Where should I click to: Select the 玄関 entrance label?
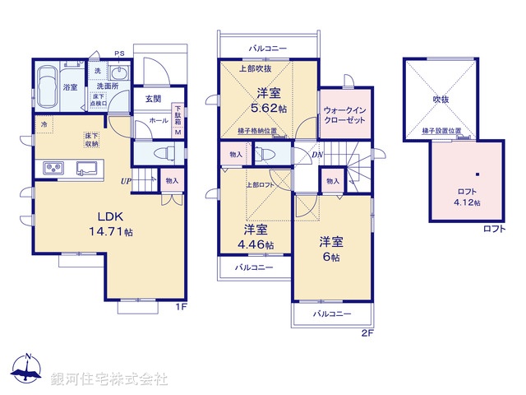coord(153,99)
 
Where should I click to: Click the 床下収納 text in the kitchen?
coord(91,140)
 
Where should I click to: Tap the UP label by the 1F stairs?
coord(126,181)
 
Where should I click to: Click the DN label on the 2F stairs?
coord(317,154)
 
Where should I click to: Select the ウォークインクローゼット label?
coord(344,114)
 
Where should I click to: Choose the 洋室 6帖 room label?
coord(330,248)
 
